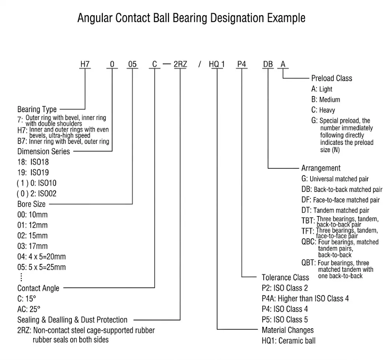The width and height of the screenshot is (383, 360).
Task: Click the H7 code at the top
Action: click(85, 64)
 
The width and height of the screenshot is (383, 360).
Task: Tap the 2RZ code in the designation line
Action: click(180, 64)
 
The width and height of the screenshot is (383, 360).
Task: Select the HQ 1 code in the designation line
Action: click(217, 64)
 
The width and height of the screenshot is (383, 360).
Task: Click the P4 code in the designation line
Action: click(242, 64)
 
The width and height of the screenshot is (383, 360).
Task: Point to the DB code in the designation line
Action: click(268, 64)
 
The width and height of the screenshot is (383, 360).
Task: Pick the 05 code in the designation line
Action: click(132, 64)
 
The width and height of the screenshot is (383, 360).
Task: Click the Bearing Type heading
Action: click(37, 109)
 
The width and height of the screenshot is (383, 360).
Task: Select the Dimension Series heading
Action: click(44, 151)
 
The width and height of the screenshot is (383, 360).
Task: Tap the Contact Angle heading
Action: click(39, 288)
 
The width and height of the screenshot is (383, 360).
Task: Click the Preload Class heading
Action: click(332, 78)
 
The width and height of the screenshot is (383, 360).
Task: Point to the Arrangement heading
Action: click(321, 168)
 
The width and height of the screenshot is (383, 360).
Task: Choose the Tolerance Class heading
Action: click(285, 277)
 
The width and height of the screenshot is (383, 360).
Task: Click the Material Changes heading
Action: click(288, 330)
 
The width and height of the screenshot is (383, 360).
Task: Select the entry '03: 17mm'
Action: click(33, 246)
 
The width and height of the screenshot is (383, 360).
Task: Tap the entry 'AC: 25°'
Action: click(29, 309)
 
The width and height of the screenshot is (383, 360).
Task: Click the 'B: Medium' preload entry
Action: click(326, 99)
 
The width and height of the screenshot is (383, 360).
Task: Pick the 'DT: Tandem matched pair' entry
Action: click(335, 210)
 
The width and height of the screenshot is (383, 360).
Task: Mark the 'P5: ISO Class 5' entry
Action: click(285, 320)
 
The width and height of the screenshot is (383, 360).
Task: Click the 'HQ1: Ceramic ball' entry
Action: click(289, 341)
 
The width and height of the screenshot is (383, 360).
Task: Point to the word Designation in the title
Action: click(237, 18)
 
